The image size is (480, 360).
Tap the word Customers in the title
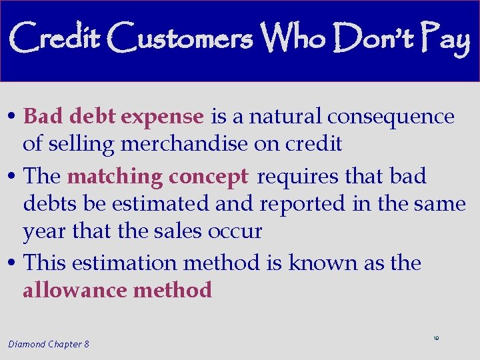point(180,39)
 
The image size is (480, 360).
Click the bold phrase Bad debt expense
point(113,117)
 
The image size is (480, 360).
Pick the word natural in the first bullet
point(285,117)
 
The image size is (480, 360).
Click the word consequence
point(391,117)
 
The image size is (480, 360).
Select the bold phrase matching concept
point(157,177)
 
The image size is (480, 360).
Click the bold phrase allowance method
point(117,290)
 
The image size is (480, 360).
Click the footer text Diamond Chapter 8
point(49,344)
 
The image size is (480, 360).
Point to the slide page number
point(436,339)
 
